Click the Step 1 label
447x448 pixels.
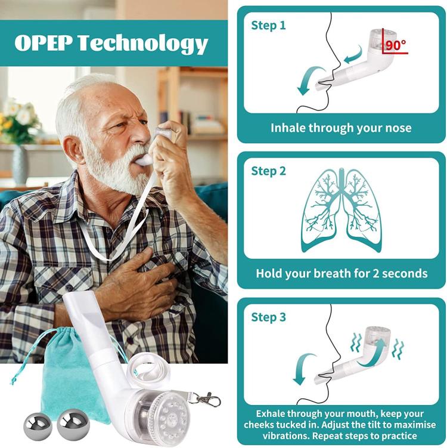(268, 25)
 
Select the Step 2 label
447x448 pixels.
(268, 171)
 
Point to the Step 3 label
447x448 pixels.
(268, 317)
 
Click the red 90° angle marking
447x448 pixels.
(395, 45)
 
